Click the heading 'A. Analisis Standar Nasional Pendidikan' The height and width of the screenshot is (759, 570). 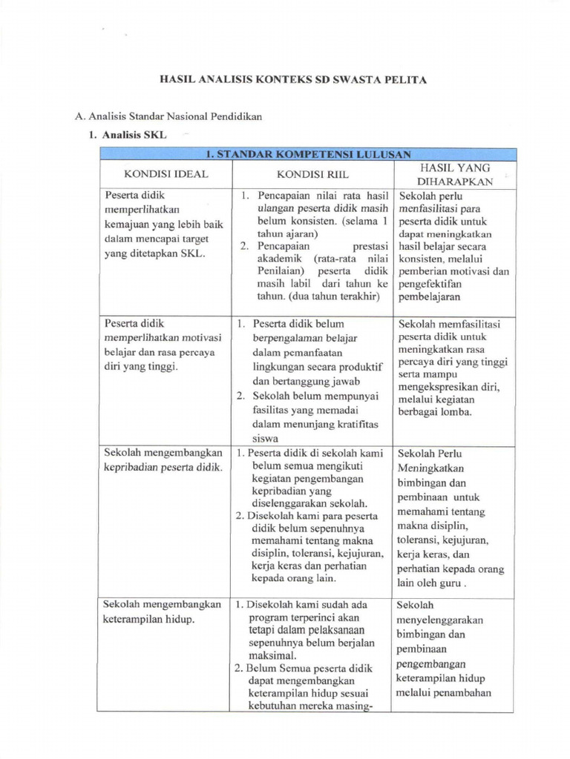tap(169, 116)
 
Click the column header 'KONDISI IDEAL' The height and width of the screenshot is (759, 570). tap(166, 174)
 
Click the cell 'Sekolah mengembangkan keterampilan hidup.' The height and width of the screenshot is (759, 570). tap(163, 611)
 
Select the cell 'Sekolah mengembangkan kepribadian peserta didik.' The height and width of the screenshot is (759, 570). tap(163, 460)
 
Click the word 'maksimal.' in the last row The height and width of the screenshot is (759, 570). tap(272, 655)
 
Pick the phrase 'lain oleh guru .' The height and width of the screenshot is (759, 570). tap(433, 583)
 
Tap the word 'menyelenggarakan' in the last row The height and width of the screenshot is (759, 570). tap(441, 619)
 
